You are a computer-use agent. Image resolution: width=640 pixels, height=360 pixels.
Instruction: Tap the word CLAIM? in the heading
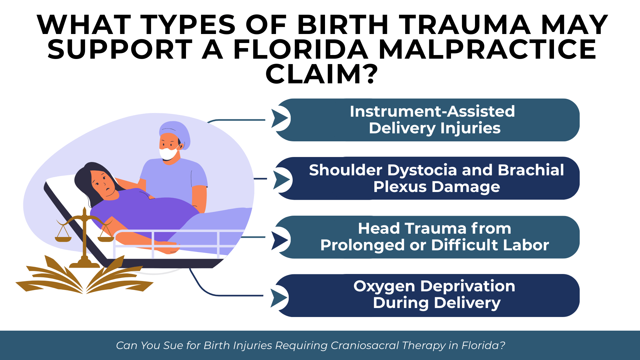pos(322,74)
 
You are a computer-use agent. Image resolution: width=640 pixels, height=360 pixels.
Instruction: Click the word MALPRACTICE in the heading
pos(487,49)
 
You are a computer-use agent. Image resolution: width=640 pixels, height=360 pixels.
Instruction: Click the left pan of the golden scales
pos(63,239)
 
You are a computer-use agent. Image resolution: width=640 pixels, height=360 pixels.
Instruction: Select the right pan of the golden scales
pos(106,239)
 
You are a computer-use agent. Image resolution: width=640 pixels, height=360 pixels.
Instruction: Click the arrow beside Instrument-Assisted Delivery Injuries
pos(280,118)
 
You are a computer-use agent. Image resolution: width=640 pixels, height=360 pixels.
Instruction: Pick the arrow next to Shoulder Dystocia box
pos(282,180)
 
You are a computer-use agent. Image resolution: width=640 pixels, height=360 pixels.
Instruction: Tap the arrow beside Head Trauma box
pos(280,240)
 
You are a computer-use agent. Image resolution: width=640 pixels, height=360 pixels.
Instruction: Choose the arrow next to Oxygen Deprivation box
pos(279,298)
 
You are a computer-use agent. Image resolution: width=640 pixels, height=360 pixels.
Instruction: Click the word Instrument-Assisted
pos(432,111)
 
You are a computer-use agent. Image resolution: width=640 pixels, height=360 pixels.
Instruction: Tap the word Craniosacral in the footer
pos(365,345)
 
